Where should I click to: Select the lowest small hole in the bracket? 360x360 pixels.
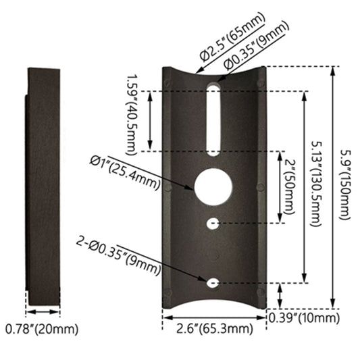click(213, 282)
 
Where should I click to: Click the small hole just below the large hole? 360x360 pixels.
click(213, 222)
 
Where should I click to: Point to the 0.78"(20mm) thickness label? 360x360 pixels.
click(42, 330)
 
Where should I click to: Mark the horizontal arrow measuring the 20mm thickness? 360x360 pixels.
click(42, 312)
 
